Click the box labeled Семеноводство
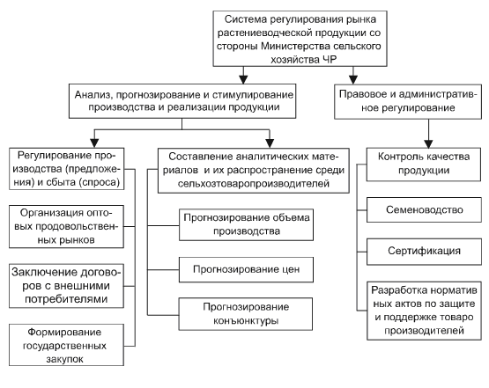tap(424, 209)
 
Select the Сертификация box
tap(424, 252)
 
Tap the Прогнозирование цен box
tap(246, 270)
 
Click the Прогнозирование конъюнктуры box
tap(246, 314)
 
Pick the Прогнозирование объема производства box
tap(246, 225)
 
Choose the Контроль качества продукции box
tap(424, 165)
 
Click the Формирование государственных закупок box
tap(66, 345)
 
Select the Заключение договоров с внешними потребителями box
tap(66, 286)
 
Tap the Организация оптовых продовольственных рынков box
tap(66, 227)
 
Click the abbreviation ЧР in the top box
tap(329, 59)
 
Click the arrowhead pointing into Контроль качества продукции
tap(428, 143)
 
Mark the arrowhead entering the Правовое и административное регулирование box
tap(353, 80)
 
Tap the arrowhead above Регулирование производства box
tap(94, 143)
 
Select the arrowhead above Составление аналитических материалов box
tap(270, 143)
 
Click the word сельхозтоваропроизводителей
tap(254, 183)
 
